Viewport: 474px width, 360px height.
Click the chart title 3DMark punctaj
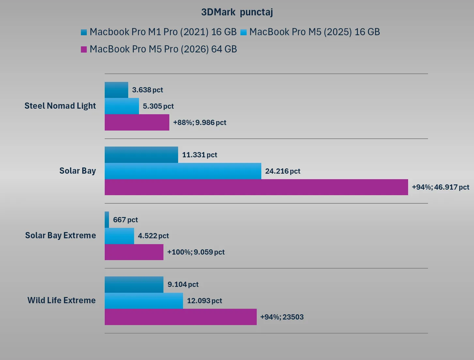point(237,12)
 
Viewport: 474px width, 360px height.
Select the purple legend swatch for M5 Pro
point(84,49)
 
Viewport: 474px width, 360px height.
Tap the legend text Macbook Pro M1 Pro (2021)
point(163,32)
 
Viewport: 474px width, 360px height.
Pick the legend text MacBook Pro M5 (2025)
point(314,32)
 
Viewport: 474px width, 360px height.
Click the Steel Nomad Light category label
point(60,106)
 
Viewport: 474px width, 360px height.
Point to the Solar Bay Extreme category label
point(60,235)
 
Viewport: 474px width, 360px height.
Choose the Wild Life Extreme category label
point(61,300)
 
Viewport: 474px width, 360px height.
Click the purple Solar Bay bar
point(256,187)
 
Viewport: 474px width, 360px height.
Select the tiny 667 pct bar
point(107,220)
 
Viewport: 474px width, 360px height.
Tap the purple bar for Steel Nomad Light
point(137,122)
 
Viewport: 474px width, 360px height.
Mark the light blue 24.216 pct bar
point(183,171)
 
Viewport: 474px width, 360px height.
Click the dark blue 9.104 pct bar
point(134,285)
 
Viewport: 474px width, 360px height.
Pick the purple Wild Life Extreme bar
point(180,317)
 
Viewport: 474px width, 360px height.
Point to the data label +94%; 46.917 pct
point(440,187)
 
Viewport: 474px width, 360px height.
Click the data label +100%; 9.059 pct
point(196,252)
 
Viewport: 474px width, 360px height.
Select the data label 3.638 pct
point(147,90)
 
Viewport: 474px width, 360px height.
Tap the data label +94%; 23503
point(282,317)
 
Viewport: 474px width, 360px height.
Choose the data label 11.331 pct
point(199,155)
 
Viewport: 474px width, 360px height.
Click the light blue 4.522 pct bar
point(119,236)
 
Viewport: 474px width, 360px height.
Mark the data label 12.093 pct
point(204,301)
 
